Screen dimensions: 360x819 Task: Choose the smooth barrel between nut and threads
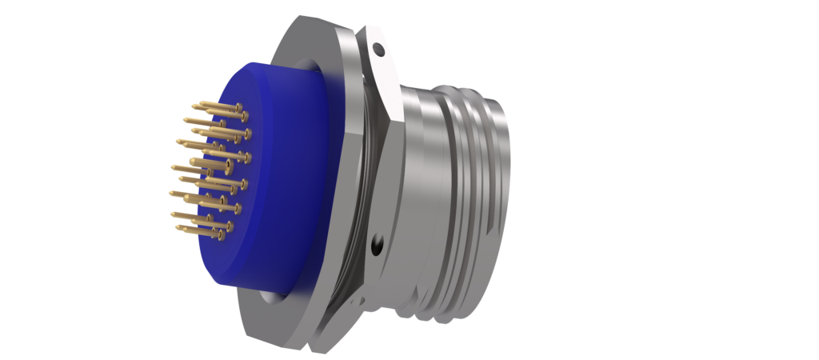(x=424, y=184)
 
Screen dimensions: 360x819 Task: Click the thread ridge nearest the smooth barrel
(x=453, y=184)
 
